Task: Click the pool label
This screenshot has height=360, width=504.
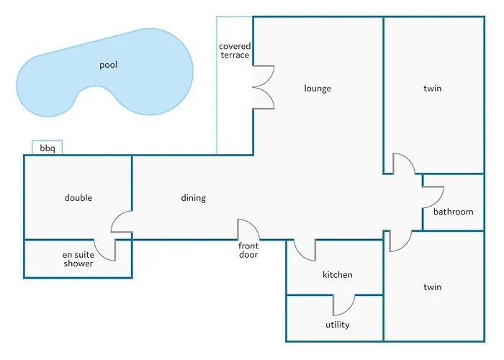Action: (x=108, y=65)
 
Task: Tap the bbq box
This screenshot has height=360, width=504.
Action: (x=48, y=148)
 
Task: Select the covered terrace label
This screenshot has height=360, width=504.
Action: (x=235, y=51)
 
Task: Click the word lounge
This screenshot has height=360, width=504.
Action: (x=318, y=89)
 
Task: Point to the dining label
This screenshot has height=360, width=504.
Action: (x=193, y=198)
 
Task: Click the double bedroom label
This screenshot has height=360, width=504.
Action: (x=78, y=198)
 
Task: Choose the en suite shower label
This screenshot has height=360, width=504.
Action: (x=78, y=259)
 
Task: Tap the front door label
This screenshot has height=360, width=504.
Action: (x=248, y=251)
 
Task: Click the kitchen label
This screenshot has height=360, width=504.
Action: (x=337, y=275)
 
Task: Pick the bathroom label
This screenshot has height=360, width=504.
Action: (x=454, y=212)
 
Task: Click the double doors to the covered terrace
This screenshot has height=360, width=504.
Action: (x=263, y=87)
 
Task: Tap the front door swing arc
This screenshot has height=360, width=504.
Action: (x=249, y=230)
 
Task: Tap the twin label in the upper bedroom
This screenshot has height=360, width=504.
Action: (x=432, y=89)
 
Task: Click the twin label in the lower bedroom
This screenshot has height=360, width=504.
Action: (x=432, y=287)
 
